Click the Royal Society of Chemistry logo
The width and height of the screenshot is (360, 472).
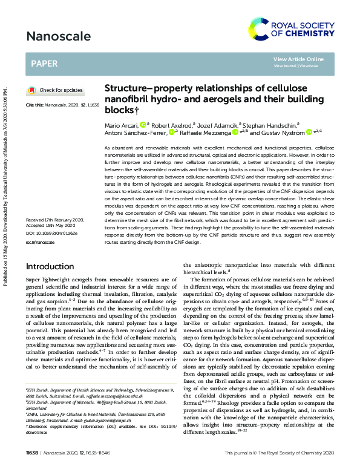(300, 27)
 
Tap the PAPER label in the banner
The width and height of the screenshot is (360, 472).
(44, 62)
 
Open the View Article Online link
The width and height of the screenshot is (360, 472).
(298, 59)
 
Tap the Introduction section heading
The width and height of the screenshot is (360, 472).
(54, 267)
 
